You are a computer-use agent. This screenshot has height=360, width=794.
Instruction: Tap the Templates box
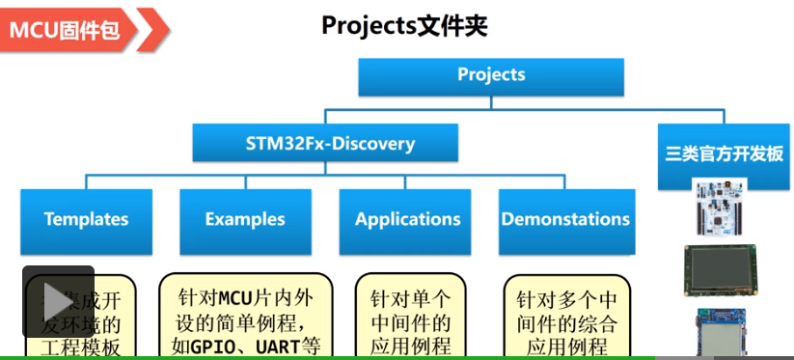[x=86, y=220]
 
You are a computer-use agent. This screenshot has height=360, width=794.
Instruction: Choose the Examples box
[x=245, y=220]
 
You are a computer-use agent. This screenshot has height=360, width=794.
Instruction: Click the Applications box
[x=407, y=220]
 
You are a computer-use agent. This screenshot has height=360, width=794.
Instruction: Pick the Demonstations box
[x=565, y=220]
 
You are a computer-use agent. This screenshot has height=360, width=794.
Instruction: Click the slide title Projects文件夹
[x=404, y=26]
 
